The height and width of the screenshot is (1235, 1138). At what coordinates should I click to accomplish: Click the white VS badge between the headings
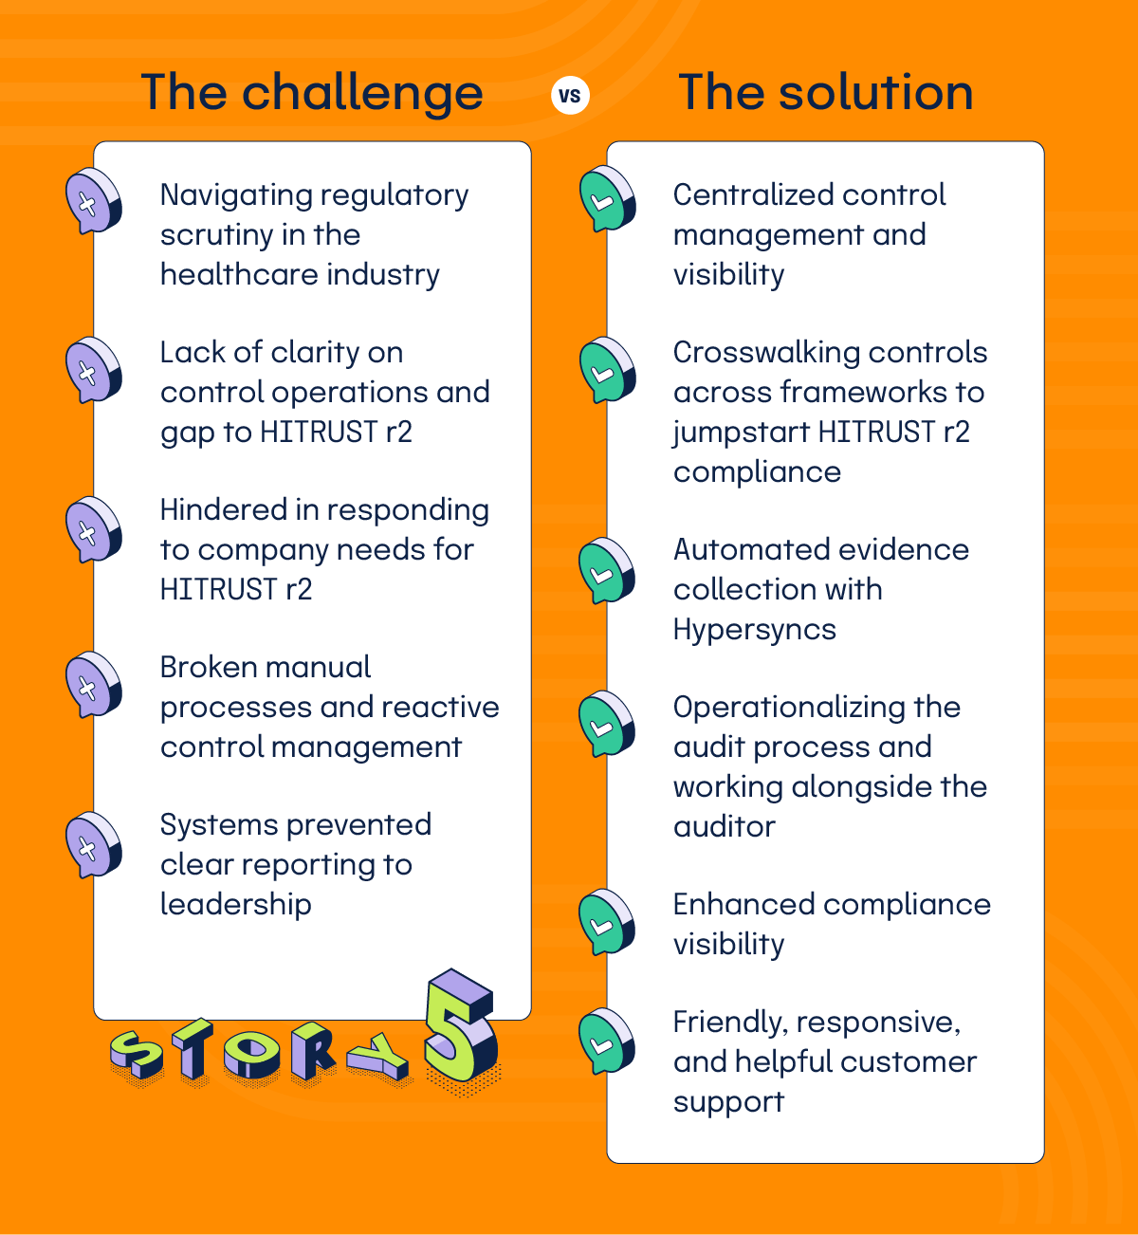[570, 96]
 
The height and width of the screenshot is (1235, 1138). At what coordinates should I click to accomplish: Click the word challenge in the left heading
[362, 94]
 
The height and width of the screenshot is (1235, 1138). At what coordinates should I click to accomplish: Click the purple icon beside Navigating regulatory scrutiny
[92, 201]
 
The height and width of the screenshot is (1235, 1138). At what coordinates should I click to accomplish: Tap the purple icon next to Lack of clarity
[92, 369]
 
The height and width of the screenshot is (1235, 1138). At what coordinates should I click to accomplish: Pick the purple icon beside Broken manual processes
[92, 683]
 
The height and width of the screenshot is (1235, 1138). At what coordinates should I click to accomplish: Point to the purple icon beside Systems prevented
[92, 843]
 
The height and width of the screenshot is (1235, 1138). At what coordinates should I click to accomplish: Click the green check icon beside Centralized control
[606, 199]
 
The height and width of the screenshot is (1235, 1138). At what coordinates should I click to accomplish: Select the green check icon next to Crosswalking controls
[606, 369]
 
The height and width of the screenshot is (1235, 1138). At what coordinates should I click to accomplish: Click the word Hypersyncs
[754, 630]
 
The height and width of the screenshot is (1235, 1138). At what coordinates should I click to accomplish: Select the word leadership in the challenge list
[235, 904]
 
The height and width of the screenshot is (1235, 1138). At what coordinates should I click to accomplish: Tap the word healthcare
[225, 275]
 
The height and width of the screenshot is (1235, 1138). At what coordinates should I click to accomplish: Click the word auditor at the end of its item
[724, 826]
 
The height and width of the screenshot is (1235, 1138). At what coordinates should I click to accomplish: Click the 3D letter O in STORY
[249, 1053]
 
